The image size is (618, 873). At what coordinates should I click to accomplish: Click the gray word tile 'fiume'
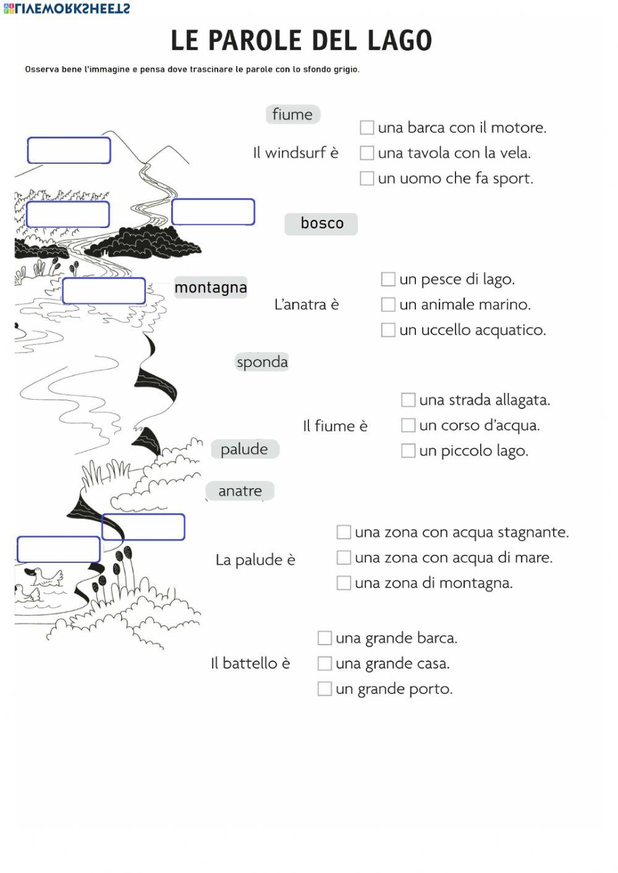(x=292, y=114)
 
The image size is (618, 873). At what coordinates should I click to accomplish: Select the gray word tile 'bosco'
(x=321, y=224)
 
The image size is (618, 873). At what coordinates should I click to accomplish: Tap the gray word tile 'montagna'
(x=211, y=287)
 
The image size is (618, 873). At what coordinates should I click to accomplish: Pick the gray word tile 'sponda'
(x=262, y=362)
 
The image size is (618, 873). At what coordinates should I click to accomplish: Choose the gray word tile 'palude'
(x=245, y=449)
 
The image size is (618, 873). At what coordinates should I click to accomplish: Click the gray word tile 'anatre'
(x=240, y=491)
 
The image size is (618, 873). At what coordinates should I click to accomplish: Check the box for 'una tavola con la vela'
(x=367, y=153)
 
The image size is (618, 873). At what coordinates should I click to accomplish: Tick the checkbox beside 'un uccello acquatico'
(x=388, y=330)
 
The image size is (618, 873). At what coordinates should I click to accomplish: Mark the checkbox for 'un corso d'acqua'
(x=408, y=425)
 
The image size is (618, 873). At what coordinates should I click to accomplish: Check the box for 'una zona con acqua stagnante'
(x=344, y=532)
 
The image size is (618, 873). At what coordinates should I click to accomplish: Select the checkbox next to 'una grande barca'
(x=324, y=638)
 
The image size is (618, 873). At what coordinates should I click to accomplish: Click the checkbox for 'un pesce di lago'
(x=388, y=279)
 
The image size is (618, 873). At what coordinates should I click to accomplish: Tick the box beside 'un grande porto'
(x=324, y=688)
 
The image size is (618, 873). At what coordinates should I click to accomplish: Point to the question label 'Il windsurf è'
(x=295, y=153)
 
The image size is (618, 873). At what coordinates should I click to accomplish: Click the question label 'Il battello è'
(x=250, y=664)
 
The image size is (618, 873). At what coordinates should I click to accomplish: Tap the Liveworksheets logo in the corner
(x=66, y=9)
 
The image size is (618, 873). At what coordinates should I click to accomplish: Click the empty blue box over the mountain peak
(x=69, y=150)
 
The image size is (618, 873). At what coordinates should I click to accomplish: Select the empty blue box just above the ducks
(x=59, y=549)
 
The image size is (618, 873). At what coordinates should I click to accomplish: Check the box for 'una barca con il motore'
(x=367, y=127)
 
